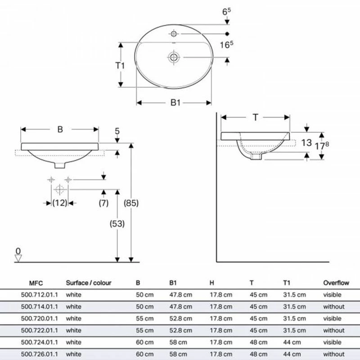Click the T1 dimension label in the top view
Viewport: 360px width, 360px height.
click(x=119, y=66)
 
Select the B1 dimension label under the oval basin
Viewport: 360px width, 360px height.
click(x=175, y=103)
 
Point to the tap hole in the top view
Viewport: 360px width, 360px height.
click(x=174, y=33)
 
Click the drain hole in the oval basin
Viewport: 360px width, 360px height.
click(x=174, y=57)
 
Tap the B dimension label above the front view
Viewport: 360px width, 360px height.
click(x=60, y=129)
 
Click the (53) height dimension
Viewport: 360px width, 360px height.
click(x=117, y=223)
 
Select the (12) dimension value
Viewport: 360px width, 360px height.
click(x=59, y=203)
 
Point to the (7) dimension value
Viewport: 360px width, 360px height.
click(x=103, y=203)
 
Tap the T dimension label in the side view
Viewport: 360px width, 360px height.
click(x=255, y=117)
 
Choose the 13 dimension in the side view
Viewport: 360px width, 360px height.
click(x=306, y=143)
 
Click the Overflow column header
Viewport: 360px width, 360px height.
click(x=336, y=283)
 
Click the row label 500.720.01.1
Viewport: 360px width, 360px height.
click(x=40, y=318)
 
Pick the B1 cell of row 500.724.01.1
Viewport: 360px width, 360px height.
click(x=176, y=342)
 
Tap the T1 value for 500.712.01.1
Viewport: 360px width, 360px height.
click(x=294, y=295)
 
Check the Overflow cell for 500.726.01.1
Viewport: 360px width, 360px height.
click(x=333, y=353)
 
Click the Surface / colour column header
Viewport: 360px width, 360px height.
click(x=88, y=283)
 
